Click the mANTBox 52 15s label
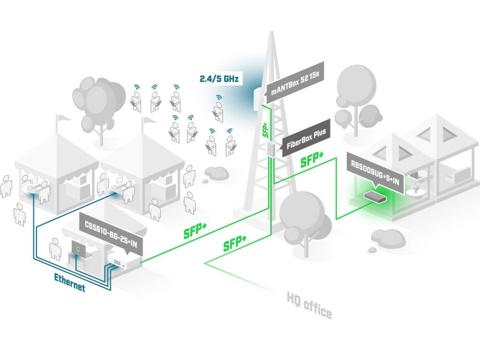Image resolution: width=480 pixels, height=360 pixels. click(295, 82)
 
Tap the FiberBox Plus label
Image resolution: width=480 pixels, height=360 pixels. click(306, 139)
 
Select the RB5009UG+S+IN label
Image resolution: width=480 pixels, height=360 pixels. click(375, 173)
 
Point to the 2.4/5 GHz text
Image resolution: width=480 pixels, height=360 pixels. click(219, 79)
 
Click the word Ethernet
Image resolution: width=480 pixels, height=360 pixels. click(69, 282)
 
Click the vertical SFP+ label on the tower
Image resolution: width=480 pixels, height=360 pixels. click(265, 130)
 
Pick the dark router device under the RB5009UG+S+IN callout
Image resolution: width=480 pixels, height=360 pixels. click(375, 196)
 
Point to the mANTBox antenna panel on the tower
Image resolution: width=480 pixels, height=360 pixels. click(258, 99)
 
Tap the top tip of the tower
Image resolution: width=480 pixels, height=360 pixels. click(271, 31)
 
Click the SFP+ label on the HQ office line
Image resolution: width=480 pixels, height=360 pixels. click(234, 243)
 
